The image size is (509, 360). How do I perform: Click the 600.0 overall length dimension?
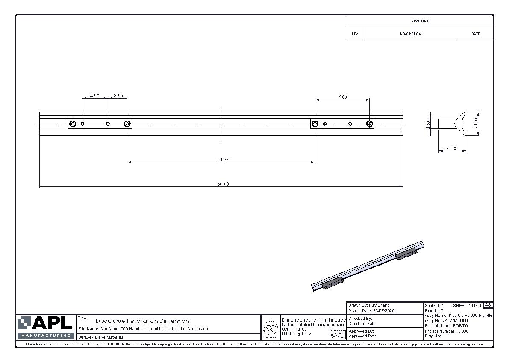pos(223,184)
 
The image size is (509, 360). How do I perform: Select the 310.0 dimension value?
pos(224,159)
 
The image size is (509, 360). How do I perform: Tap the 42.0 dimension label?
pos(94,96)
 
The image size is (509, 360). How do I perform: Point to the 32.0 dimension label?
pos(118,96)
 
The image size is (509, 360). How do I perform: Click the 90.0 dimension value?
pos(344,97)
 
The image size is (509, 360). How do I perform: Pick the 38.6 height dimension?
pos(475,123)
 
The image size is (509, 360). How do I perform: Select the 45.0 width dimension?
pos(451,148)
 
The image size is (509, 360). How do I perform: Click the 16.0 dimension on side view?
pos(428,123)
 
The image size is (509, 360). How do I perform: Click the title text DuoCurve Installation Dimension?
pos(142,321)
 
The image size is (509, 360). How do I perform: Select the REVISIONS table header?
pos(420,21)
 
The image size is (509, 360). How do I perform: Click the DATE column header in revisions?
pos(475,34)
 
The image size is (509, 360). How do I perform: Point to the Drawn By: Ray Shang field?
pos(369,305)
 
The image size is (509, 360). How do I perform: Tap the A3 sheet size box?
pos(488,305)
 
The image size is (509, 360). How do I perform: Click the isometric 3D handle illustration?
pos(368,266)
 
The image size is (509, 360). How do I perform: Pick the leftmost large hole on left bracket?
pos(73,124)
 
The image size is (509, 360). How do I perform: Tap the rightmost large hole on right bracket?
pos(369,124)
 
